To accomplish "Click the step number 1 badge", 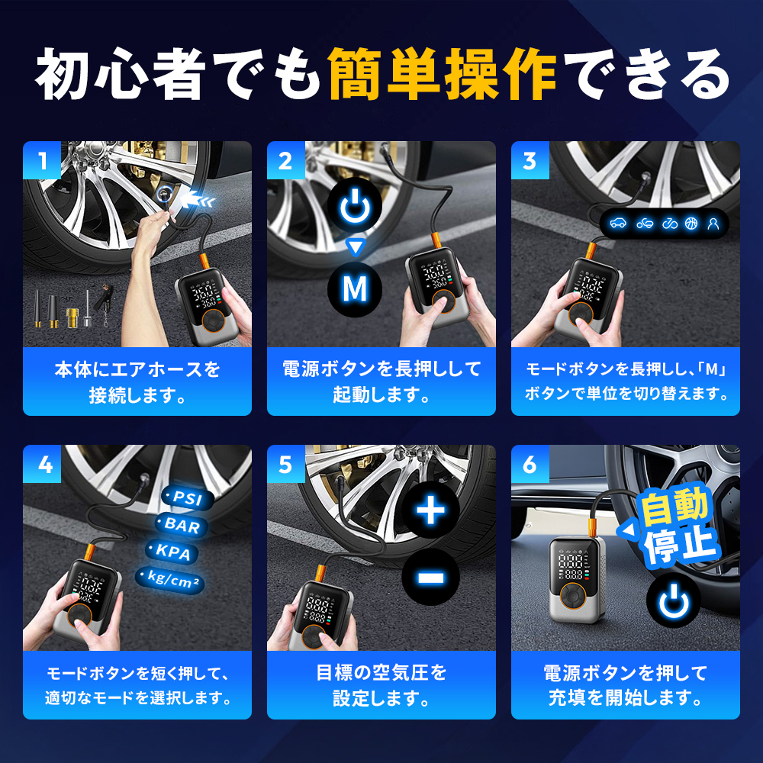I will [42, 161].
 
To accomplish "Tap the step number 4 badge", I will [42, 465].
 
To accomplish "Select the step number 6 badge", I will [530, 465].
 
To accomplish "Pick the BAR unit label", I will [181, 526].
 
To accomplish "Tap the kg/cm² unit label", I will [169, 579].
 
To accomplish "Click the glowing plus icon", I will [431, 510].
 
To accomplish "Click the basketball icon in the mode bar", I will [692, 224].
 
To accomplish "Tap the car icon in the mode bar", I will [618, 224].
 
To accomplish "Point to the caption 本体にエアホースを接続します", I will [137, 382].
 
